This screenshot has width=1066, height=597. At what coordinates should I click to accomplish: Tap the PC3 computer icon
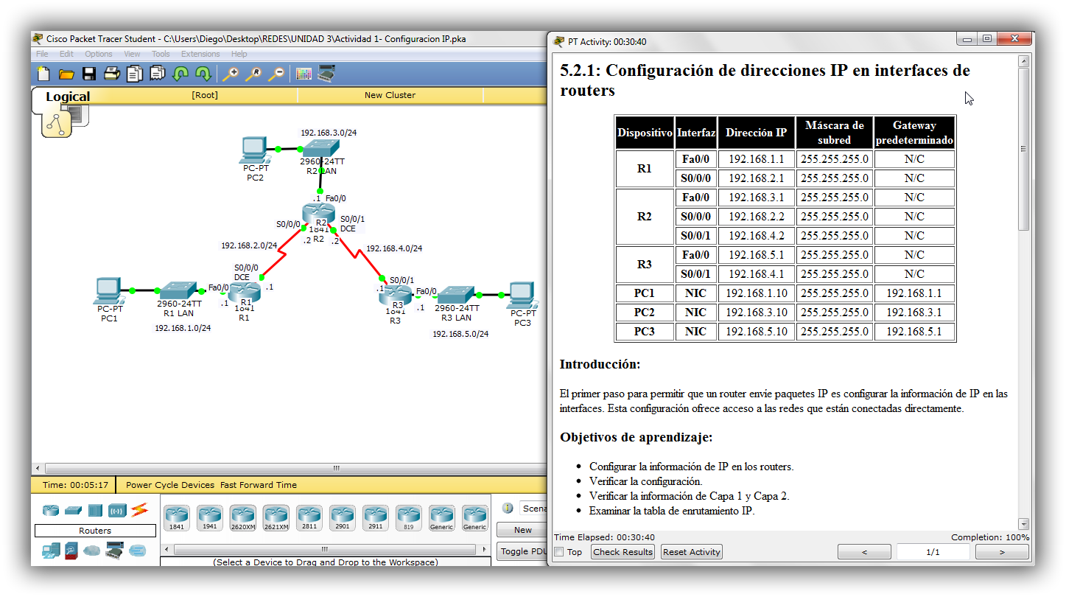(x=521, y=294)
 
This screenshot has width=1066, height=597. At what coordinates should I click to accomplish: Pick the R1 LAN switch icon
(x=178, y=290)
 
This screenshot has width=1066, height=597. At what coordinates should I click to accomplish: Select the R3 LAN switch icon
(x=457, y=294)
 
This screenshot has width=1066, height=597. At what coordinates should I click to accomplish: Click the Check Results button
(x=623, y=552)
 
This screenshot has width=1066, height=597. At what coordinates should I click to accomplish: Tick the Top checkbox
(x=559, y=552)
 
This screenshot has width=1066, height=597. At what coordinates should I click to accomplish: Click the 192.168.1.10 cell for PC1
(x=756, y=293)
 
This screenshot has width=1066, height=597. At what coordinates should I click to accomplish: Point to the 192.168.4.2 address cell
(x=756, y=236)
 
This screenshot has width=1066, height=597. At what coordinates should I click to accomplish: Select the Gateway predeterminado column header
(x=914, y=133)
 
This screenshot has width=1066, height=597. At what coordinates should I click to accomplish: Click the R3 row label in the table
(x=644, y=265)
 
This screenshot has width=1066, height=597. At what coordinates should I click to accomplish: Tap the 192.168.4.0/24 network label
(x=394, y=248)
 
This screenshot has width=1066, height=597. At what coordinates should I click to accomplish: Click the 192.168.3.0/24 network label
(x=329, y=133)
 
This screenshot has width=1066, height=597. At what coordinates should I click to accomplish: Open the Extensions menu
(x=200, y=54)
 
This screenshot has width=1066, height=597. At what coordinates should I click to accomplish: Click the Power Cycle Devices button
(x=170, y=485)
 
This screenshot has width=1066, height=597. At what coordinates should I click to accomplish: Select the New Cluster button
(x=390, y=95)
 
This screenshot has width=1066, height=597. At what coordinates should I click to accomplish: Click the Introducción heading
(x=600, y=364)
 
